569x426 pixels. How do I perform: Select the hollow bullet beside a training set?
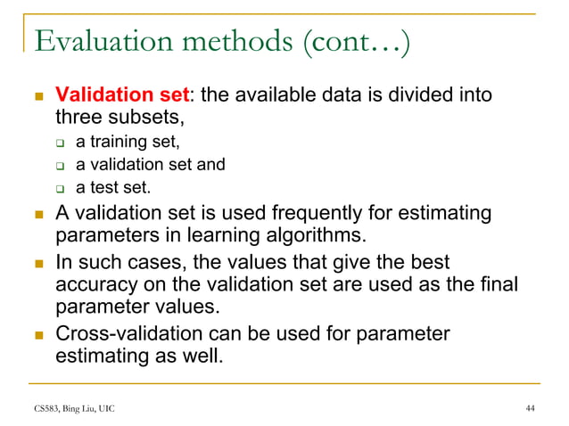coord(62,143)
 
